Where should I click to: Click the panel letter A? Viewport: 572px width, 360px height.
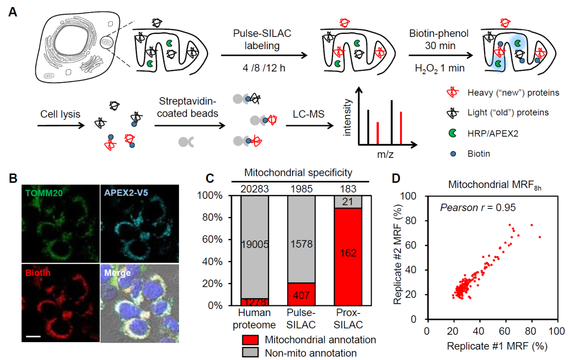pos(13,12)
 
